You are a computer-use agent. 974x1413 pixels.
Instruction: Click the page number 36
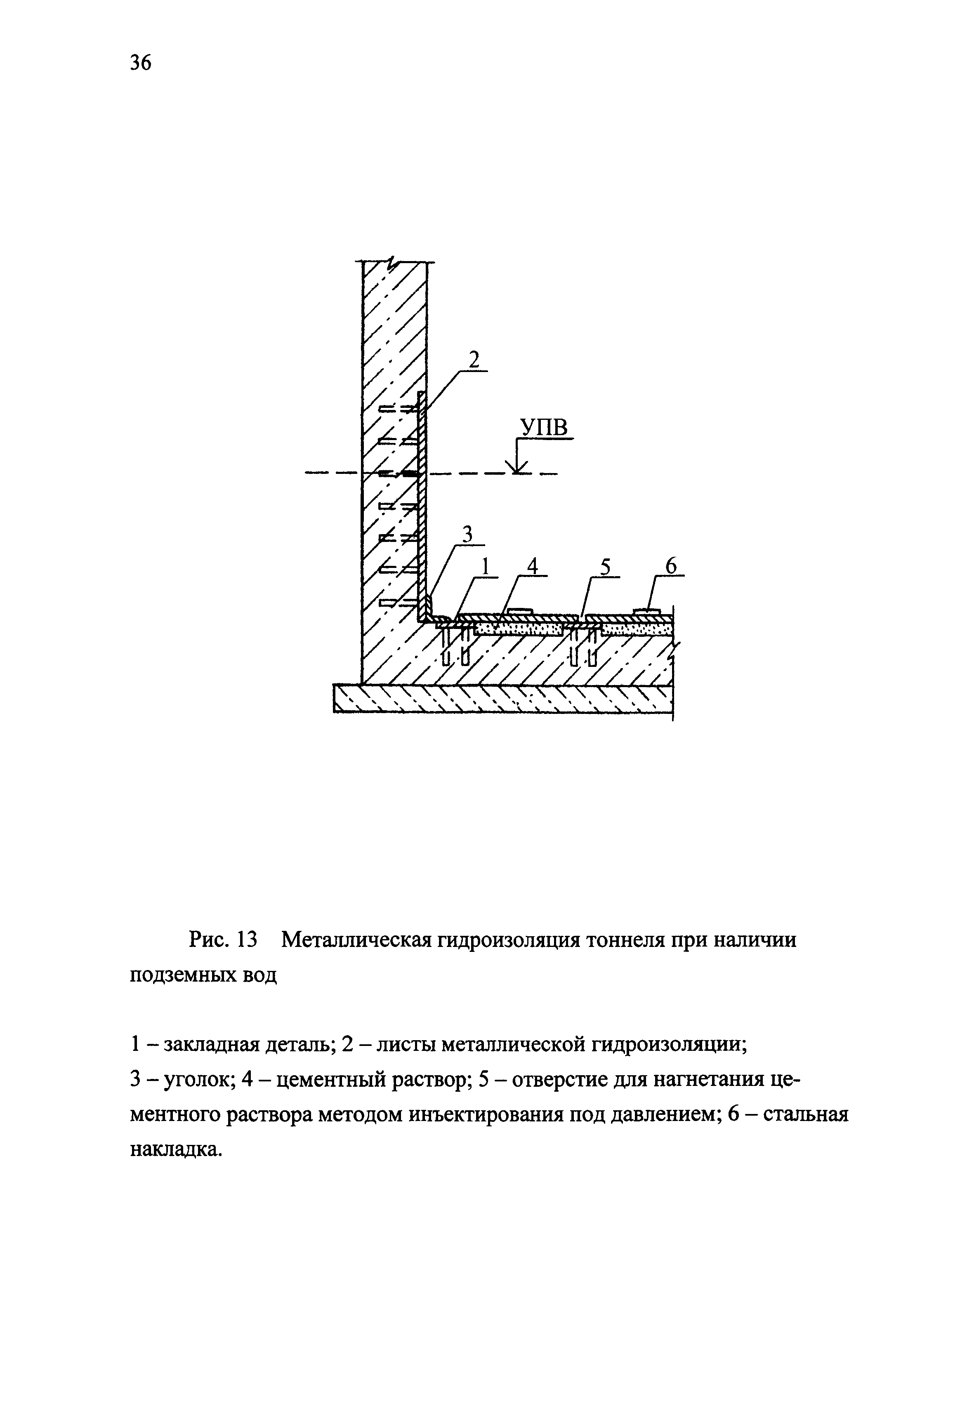coord(140,62)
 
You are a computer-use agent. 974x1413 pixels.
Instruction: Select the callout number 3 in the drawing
coord(467,534)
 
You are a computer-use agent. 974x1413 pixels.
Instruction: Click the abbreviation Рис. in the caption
coord(210,940)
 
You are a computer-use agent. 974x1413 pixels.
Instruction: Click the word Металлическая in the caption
coord(356,940)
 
